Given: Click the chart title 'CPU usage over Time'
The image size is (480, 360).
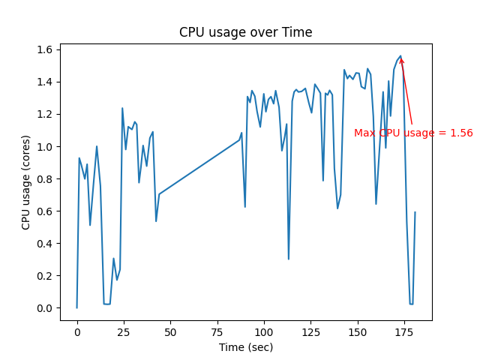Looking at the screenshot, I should [x=245, y=32].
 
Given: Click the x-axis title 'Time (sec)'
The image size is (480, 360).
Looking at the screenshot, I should [x=245, y=347].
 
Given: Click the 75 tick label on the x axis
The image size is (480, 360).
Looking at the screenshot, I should [x=217, y=331].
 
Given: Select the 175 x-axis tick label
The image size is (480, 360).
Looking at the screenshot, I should [x=403, y=331].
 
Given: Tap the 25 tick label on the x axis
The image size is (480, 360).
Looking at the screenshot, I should [x=124, y=331].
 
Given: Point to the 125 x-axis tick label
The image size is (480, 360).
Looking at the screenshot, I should [x=310, y=331].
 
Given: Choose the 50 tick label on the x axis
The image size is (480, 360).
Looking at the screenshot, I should [x=170, y=331].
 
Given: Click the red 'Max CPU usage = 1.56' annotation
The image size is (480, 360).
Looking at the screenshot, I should [x=413, y=133].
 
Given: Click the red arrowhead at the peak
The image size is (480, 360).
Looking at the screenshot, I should [x=401, y=60].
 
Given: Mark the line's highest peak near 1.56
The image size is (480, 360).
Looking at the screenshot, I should [x=400, y=55].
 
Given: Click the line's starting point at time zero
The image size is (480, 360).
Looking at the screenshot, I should [x=76, y=307].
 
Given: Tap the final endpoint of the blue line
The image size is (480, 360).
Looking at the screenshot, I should [x=415, y=212].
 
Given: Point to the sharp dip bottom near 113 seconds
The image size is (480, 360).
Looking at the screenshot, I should [x=289, y=259].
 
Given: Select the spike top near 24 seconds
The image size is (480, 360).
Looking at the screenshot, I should [x=122, y=108].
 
